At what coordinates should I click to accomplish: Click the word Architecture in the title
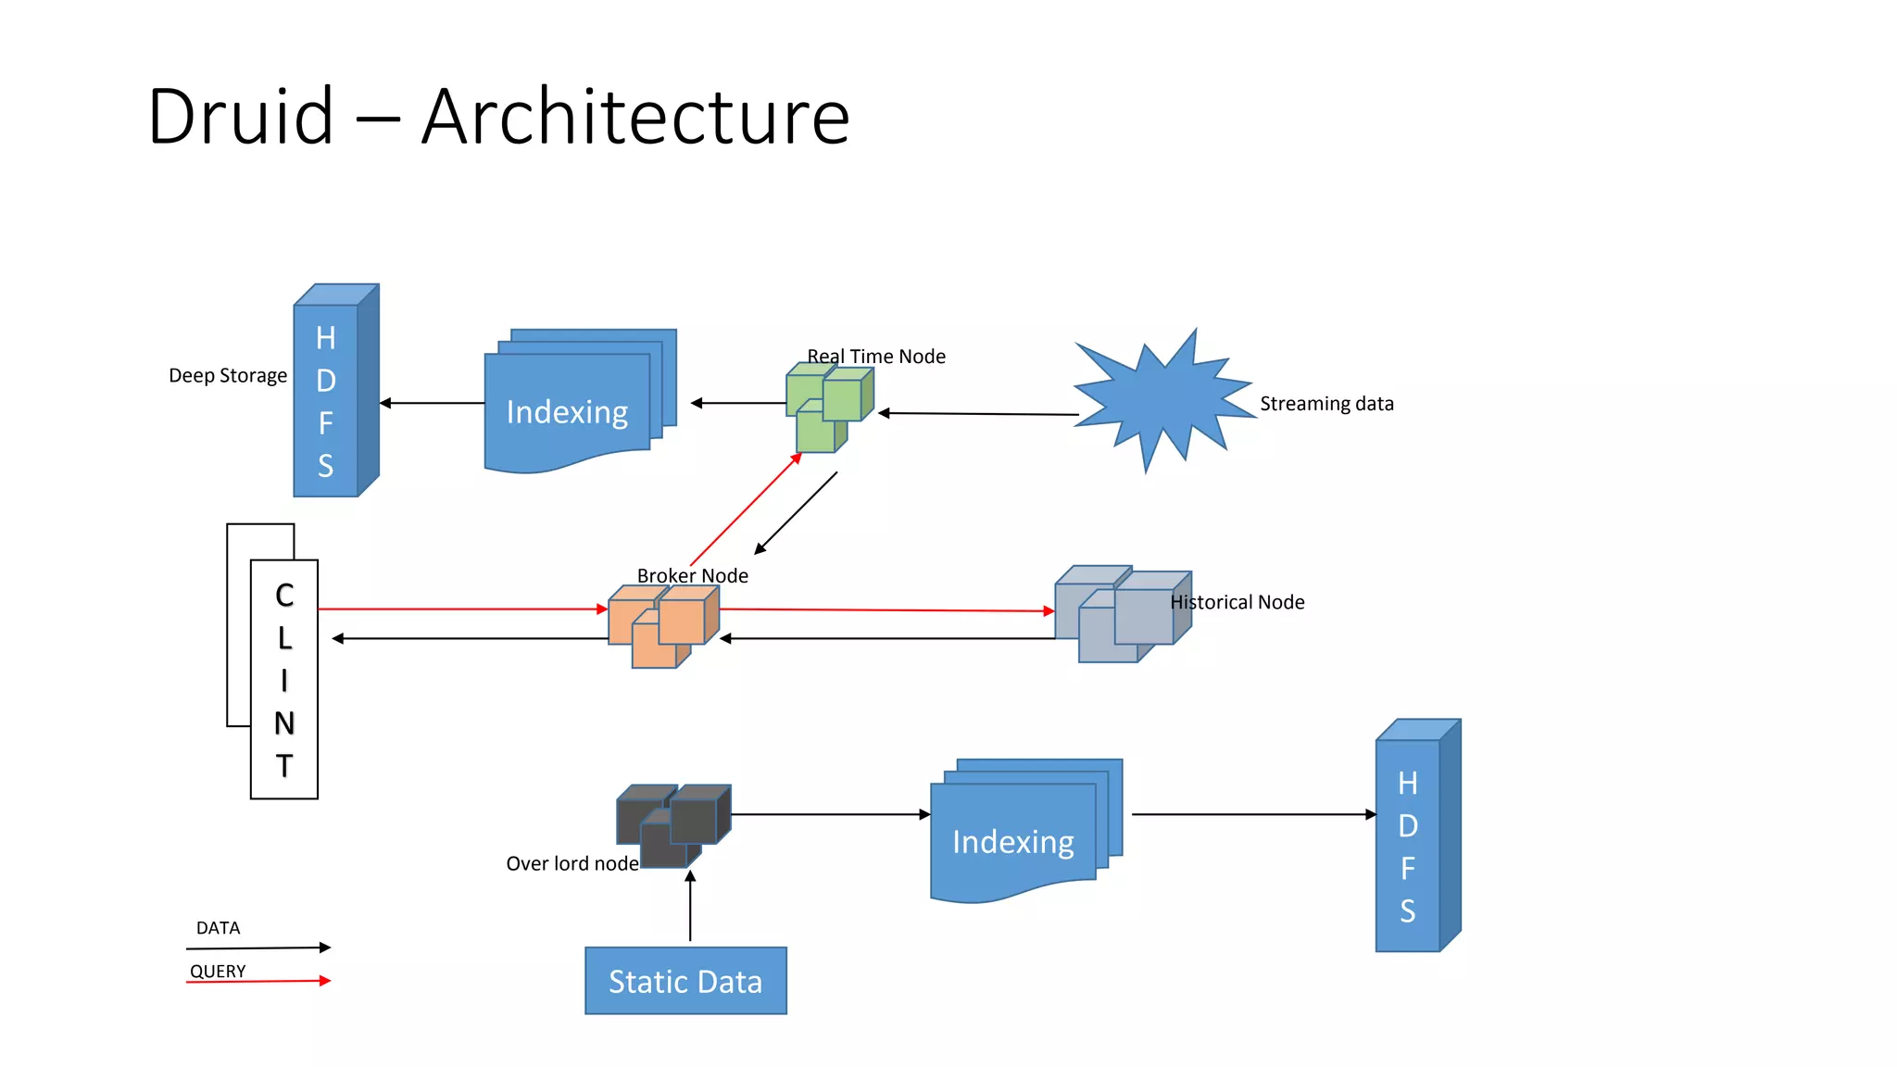coord(635,118)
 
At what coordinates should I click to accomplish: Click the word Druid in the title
coord(240,118)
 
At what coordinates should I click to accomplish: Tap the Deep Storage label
coord(227,376)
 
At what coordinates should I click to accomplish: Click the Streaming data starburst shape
coord(1162,402)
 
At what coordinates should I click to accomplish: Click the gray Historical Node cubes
coord(1121,613)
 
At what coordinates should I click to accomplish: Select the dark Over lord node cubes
coord(672,824)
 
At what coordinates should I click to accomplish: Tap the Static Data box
coord(685,981)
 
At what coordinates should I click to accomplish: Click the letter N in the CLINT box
coord(284,723)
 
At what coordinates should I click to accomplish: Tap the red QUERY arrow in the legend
coord(259,981)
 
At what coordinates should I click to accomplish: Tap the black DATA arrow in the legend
coord(259,948)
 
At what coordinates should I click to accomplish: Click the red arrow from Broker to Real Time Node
coord(746,509)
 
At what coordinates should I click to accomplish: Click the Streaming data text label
coord(1325,404)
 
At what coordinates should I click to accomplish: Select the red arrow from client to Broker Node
coord(463,609)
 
